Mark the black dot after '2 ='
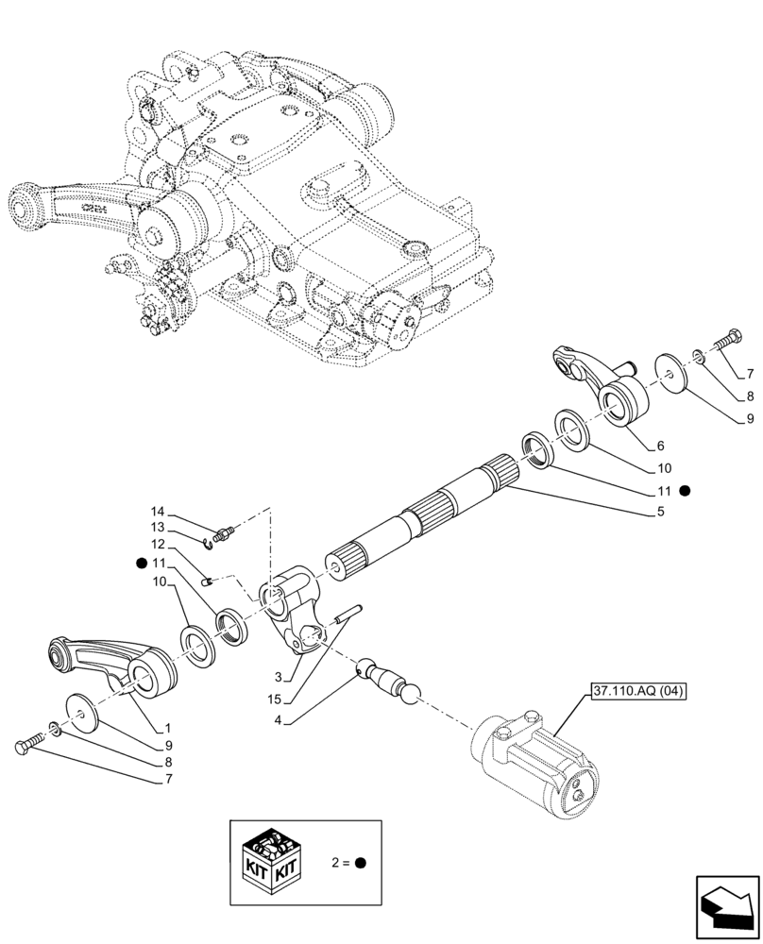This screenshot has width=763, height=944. [361, 863]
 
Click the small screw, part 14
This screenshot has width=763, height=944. [224, 535]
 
